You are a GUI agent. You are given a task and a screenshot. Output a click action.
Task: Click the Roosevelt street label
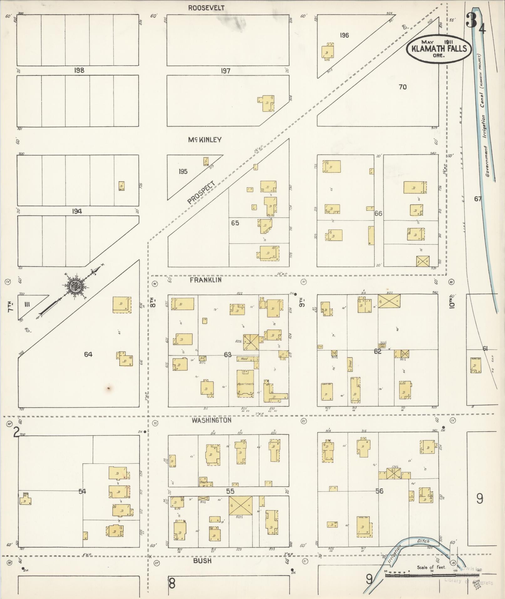(x=206, y=8)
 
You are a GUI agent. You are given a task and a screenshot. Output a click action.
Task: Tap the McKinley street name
(x=205, y=140)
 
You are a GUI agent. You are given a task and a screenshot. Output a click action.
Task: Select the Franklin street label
(x=206, y=280)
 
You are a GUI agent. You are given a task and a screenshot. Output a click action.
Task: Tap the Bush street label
(x=202, y=561)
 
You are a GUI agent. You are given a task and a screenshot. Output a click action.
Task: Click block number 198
(x=79, y=70)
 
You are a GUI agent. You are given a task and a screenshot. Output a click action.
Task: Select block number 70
(x=403, y=87)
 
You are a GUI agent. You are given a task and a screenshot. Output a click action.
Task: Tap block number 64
(x=88, y=354)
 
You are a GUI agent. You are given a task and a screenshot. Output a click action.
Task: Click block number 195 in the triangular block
(x=183, y=172)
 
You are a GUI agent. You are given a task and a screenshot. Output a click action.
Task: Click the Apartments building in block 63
(x=245, y=384)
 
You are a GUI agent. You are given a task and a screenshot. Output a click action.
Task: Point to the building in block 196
(x=328, y=52)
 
